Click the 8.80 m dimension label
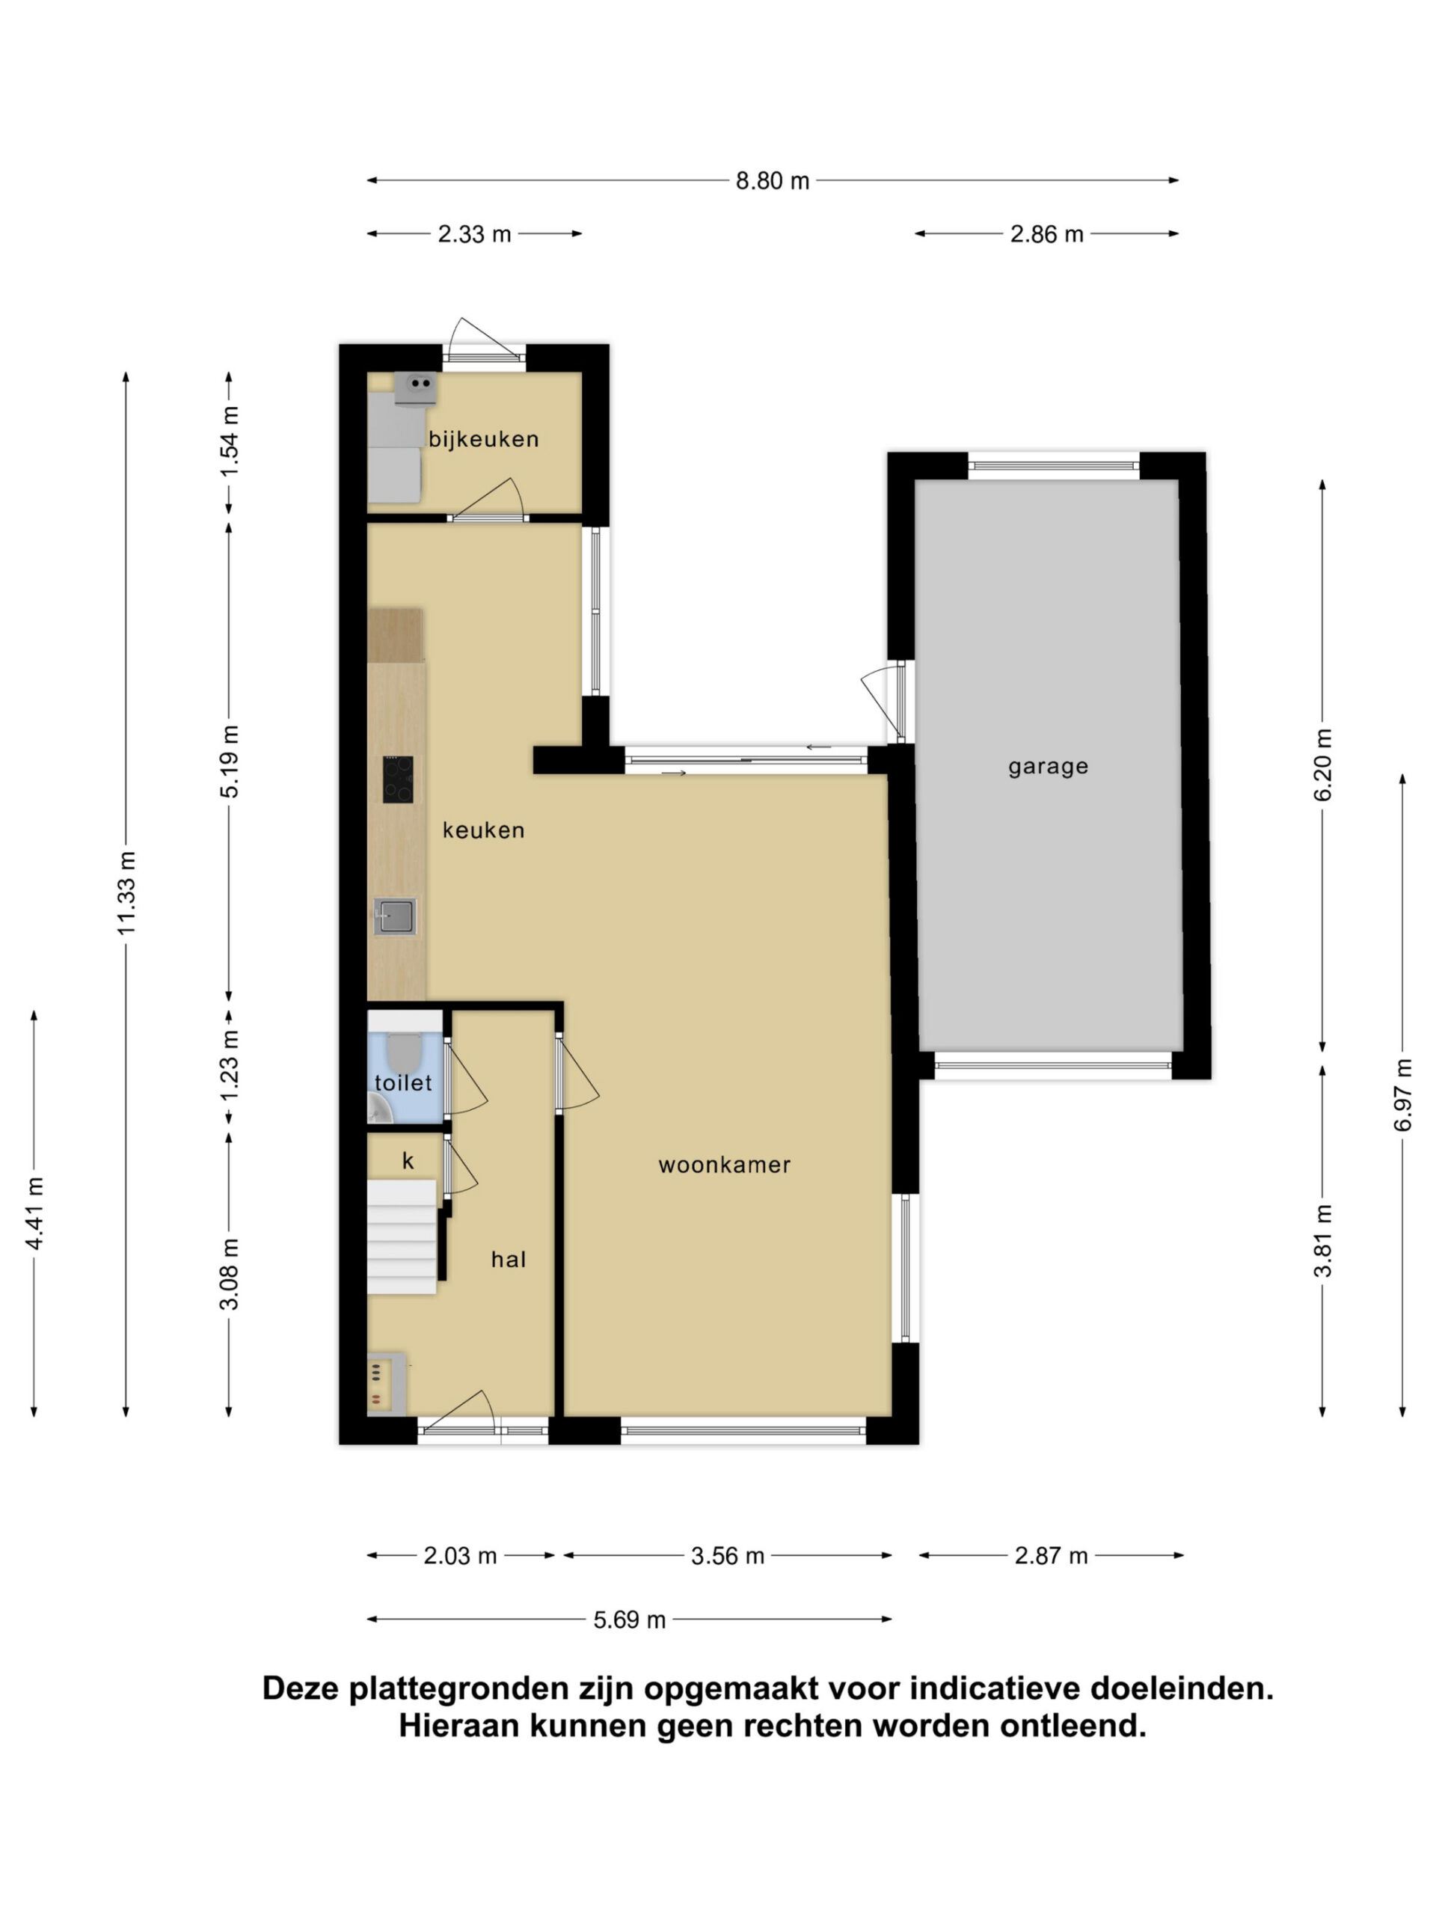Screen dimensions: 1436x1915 (x=772, y=181)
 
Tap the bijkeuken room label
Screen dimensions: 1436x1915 (x=484, y=439)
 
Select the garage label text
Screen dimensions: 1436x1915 (x=1047, y=767)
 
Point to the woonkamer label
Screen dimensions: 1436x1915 (x=725, y=1165)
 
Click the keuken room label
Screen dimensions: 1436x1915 (x=483, y=830)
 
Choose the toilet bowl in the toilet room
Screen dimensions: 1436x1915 (x=402, y=1051)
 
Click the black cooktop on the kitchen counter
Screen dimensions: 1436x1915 (x=398, y=779)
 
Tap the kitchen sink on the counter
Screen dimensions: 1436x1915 (x=396, y=916)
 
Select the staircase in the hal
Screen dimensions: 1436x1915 (x=402, y=1237)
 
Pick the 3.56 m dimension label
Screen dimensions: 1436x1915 (x=727, y=1556)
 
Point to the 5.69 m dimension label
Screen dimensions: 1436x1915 (x=629, y=1619)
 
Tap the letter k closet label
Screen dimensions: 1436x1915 (x=408, y=1161)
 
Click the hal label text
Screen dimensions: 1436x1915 (x=508, y=1260)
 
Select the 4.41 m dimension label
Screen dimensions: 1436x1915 (x=34, y=1213)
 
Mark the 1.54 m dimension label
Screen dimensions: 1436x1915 (x=230, y=441)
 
